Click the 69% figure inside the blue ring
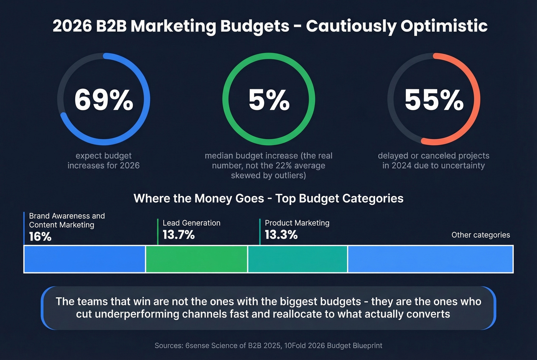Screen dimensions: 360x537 pos(104,100)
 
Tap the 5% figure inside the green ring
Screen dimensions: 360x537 pos(269,100)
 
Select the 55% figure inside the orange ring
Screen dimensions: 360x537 pos(434,100)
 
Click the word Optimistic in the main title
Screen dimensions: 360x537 pos(444,26)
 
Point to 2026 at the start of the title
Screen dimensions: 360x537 pos(72,26)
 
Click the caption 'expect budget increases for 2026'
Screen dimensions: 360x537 pos(104,161)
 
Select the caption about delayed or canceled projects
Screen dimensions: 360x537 pos(433,161)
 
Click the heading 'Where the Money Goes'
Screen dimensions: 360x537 pos(199,198)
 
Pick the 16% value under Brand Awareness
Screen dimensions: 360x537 pos(40,237)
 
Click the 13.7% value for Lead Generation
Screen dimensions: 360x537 pos(179,235)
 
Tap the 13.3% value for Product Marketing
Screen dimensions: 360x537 pos(281,235)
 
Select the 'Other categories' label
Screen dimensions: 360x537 pos(481,235)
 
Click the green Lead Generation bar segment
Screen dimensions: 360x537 pos(196,259)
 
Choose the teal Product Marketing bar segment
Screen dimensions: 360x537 pos(298,259)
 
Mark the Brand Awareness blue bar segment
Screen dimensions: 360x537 pos(85,259)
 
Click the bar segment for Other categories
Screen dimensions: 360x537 pos(430,259)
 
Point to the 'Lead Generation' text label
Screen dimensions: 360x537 pos(191,223)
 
